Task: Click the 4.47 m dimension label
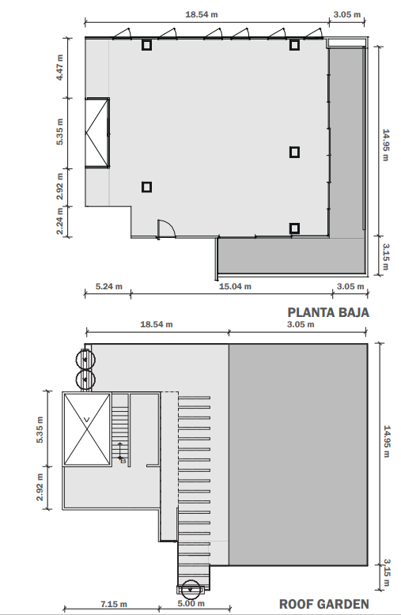[59, 67]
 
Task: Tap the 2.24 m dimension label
[59, 221]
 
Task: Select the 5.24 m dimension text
[109, 286]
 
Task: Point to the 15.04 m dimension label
[235, 286]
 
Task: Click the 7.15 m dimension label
[114, 605]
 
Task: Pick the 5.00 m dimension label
[191, 603]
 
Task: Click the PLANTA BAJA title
[328, 312]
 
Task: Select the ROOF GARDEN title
[324, 604]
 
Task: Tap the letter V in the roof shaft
[87, 420]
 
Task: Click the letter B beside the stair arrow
[123, 461]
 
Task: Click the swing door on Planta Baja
[166, 228]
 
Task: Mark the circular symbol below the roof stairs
[191, 590]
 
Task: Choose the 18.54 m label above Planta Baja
[202, 14]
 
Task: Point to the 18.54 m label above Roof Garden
[157, 324]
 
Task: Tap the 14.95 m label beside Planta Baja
[386, 145]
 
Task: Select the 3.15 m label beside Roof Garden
[387, 573]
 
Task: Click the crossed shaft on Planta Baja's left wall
[97, 133]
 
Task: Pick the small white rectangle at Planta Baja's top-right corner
[347, 43]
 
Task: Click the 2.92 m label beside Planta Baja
[59, 187]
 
